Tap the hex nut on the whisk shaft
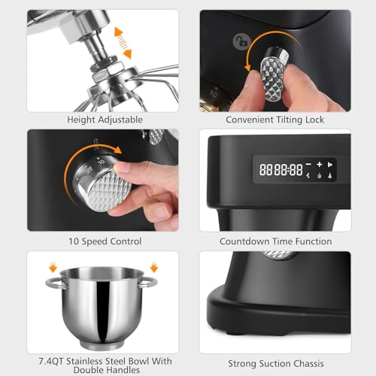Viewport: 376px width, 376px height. click(100, 68)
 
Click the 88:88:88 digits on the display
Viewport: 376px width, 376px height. click(277, 169)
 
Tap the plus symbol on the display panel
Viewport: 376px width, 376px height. click(319, 163)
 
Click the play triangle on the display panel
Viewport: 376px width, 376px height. click(332, 163)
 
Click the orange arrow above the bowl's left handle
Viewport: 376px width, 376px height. click(53, 265)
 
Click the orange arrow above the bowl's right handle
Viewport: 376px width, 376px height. click(154, 265)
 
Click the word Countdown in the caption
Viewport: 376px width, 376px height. click(245, 241)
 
